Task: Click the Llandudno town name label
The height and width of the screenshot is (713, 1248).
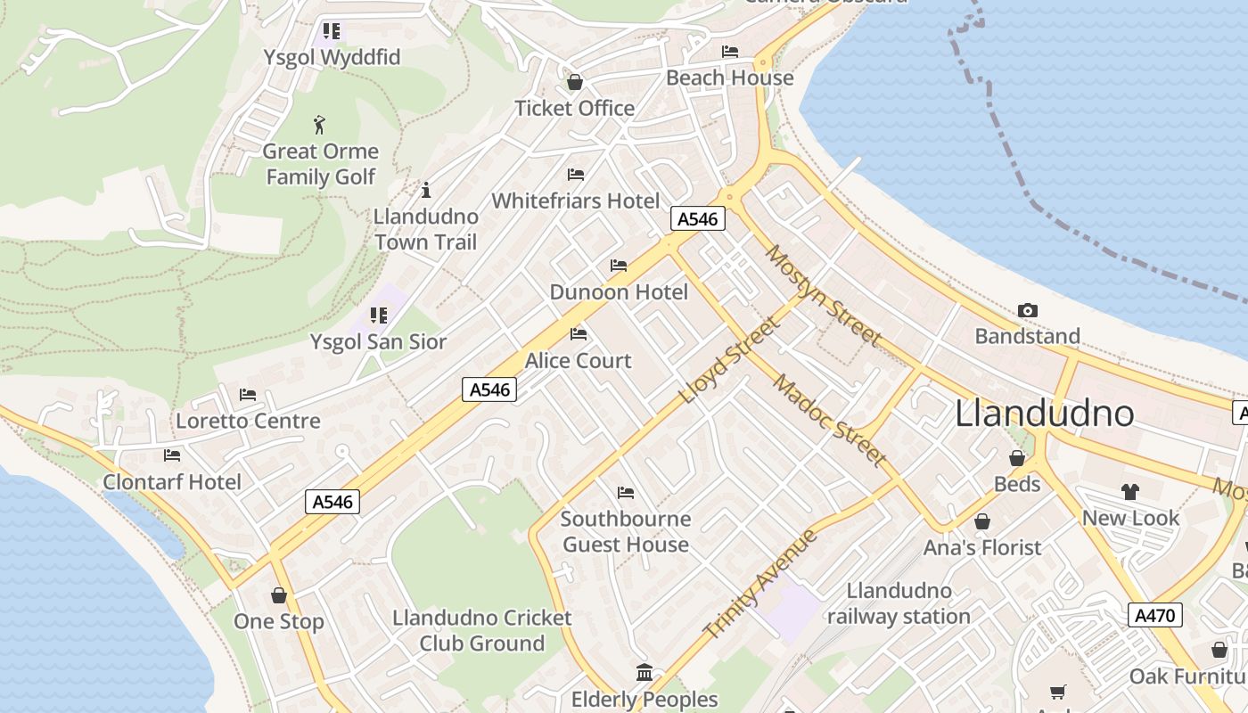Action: [1044, 414]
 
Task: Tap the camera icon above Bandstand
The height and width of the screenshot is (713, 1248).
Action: [1028, 310]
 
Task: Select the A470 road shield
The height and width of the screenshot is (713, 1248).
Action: [1155, 615]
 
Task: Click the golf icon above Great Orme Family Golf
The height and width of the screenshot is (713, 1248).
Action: [320, 124]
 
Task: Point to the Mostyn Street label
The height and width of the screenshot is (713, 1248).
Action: [823, 295]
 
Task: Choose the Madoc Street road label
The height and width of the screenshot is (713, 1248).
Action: [830, 420]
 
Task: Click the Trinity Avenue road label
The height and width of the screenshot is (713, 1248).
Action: [759, 584]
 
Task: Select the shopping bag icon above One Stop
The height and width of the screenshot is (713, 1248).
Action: [279, 595]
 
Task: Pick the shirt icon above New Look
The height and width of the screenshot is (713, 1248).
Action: [1130, 492]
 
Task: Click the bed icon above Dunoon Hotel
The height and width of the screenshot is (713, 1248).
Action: [618, 266]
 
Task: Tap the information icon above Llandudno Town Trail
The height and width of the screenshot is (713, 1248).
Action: [426, 190]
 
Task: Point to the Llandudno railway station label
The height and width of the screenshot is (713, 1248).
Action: [899, 603]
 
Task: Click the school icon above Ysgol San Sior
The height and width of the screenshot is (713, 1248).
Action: [379, 316]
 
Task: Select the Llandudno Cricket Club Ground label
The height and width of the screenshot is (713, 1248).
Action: [482, 630]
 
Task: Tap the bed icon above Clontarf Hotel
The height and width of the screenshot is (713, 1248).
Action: [172, 455]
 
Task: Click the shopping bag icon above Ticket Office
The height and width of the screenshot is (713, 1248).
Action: [575, 82]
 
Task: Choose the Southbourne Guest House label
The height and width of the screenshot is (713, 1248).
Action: [626, 531]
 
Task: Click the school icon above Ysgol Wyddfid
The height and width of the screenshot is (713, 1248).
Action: [332, 31]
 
